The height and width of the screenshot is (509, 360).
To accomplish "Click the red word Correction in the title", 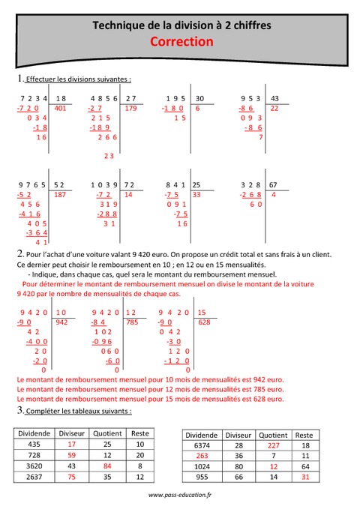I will pos(181,43).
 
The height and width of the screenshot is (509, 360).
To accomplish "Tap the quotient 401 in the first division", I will pos(61,109).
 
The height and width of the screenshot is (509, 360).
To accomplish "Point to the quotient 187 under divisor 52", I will pos(61,194).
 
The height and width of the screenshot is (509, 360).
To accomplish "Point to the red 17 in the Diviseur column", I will pos(72,445).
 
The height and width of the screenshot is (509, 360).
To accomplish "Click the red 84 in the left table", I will pos(107,466).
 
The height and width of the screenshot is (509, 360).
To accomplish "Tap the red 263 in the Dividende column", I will pos(201,456).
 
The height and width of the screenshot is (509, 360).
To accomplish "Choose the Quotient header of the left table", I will pos(107,433).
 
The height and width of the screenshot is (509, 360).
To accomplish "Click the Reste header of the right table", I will pos(304,435).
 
